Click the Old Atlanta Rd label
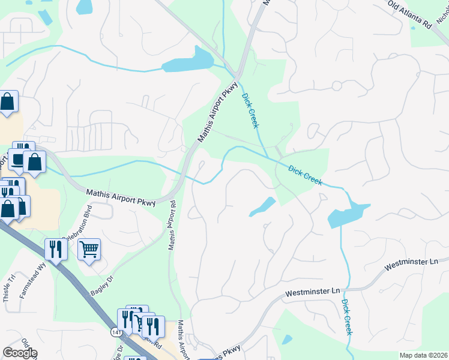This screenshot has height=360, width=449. (411, 14)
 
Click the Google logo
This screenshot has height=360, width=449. (20, 353)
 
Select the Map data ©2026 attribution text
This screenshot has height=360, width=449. (424, 355)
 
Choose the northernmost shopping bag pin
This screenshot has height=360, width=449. (8, 102)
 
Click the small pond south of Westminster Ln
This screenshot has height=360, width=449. (287, 340)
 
